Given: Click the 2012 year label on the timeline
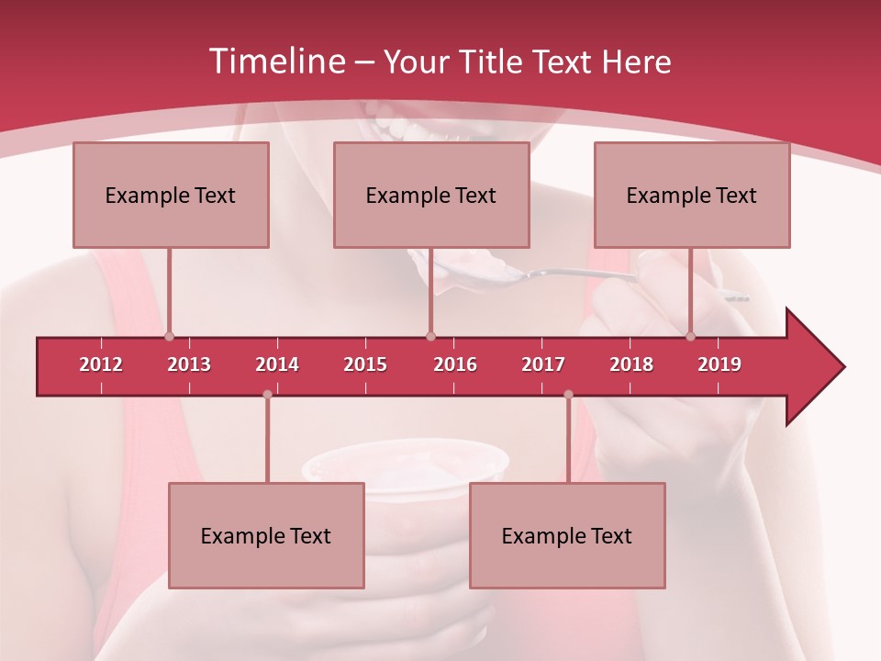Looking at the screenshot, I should coord(101,364).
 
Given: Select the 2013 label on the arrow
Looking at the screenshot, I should coord(189,364).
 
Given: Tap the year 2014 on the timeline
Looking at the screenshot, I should coord(277,364).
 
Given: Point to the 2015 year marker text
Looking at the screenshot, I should coord(365,364).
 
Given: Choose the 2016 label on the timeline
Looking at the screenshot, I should coord(455,364).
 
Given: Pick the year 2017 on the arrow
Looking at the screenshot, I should coord(543,364).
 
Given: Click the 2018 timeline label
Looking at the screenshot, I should coord(631,364).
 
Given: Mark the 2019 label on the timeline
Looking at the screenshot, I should coord(719,364).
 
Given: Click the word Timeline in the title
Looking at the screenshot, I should coord(275,62).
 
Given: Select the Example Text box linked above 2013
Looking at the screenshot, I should coord(171,195).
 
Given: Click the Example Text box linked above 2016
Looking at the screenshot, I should coord(431,195).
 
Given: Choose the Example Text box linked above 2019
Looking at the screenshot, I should coord(692,195).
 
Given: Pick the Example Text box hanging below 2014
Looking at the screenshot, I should coord(266,535).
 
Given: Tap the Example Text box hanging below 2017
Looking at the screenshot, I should coord(567,535).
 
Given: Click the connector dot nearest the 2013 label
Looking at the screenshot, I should coord(169,336).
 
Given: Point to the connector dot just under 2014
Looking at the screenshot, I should coord(267,394).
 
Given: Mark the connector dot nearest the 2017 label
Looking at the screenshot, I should coord(568,394).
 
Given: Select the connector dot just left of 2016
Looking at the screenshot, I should coord(430,336).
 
